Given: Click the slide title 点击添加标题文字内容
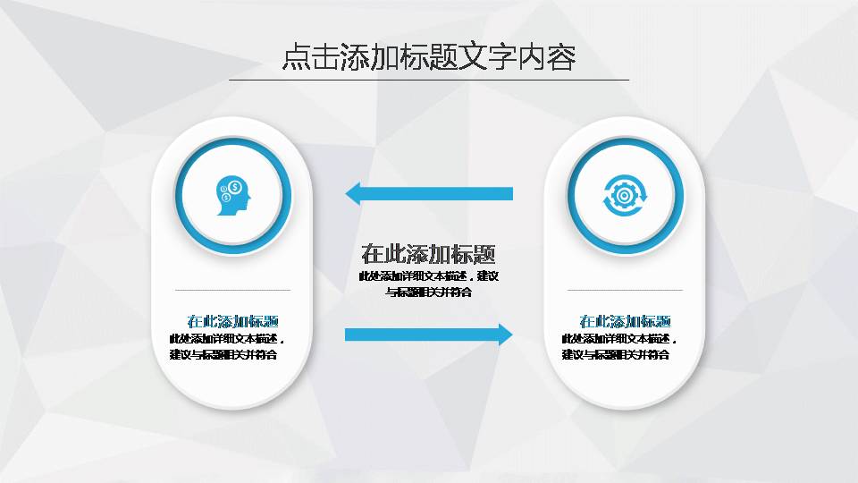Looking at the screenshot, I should pyautogui.click(x=429, y=57).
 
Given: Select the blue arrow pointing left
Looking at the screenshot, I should pyautogui.click(x=429, y=193).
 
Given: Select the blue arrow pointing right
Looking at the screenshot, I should pyautogui.click(x=429, y=335).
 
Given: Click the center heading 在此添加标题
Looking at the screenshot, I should pyautogui.click(x=429, y=253).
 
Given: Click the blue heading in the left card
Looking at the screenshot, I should pyautogui.click(x=232, y=321).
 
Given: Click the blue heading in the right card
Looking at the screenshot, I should pyautogui.click(x=626, y=321).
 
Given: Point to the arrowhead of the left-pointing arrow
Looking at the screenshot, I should pyautogui.click(x=353, y=193).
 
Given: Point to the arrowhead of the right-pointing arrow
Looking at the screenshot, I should pyautogui.click(x=505, y=335).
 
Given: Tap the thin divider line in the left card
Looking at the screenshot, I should pyautogui.click(x=232, y=290).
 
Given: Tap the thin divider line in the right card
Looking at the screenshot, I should pyautogui.click(x=626, y=290).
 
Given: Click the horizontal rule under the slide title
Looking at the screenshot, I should pyautogui.click(x=429, y=80).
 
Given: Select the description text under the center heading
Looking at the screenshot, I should pyautogui.click(x=429, y=284).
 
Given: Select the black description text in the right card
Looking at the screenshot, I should pyautogui.click(x=619, y=347).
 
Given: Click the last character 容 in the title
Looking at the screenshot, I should pyautogui.click(x=561, y=57).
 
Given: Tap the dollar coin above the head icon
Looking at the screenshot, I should pyautogui.click(x=235, y=187).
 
